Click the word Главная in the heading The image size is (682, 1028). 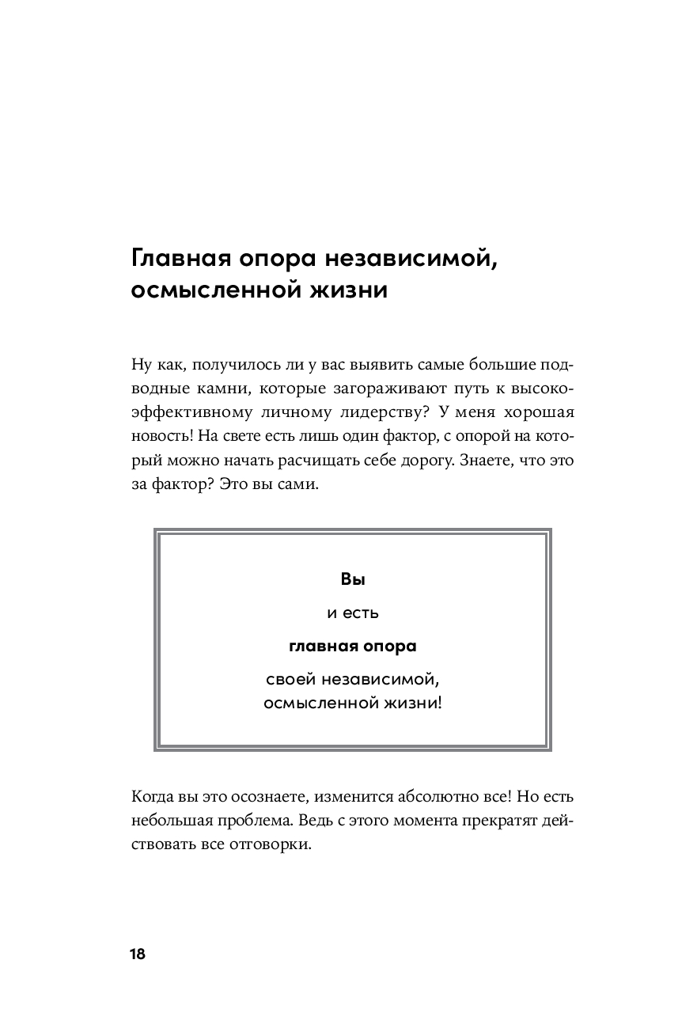(x=180, y=259)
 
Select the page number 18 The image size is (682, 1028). (x=137, y=954)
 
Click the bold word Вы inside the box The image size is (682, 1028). (x=352, y=579)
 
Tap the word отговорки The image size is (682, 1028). (x=268, y=844)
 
